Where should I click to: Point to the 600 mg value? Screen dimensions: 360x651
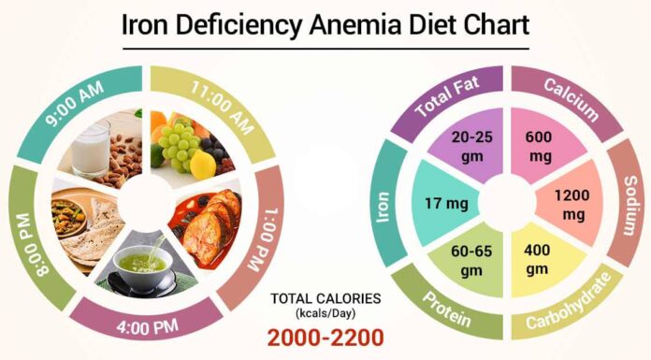(x=539, y=145)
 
